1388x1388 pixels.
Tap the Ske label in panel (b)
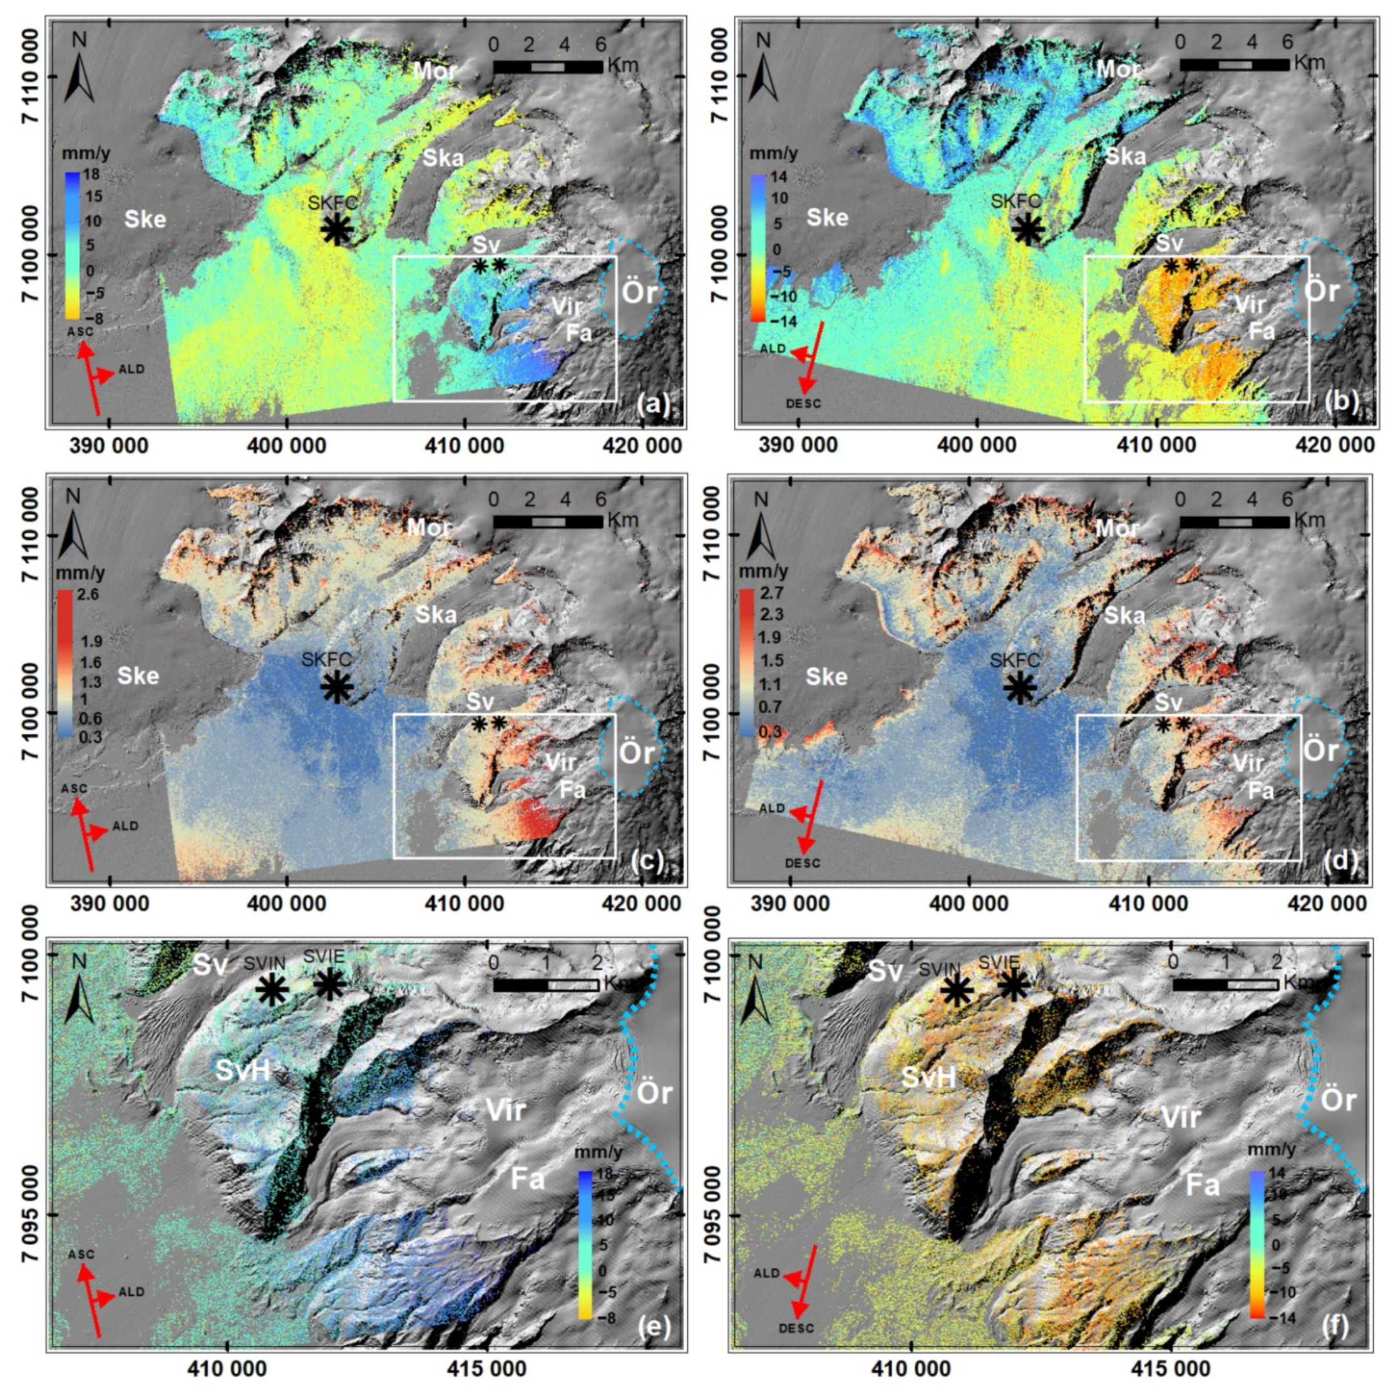tap(827, 217)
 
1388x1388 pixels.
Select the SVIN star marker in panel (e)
tap(272, 990)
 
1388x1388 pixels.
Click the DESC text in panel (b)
tap(803, 404)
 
